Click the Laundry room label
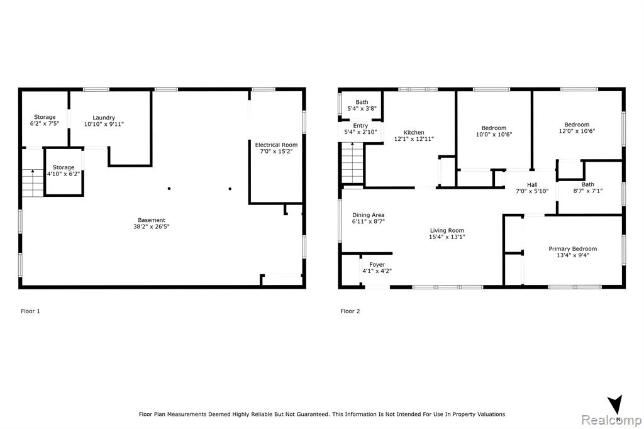pyautogui.click(x=104, y=118)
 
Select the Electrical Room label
pyautogui.click(x=276, y=145)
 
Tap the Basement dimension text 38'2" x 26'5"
pyautogui.click(x=151, y=226)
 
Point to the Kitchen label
pyautogui.click(x=414, y=132)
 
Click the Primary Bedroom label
pyautogui.click(x=572, y=248)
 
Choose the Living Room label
pyautogui.click(x=447, y=230)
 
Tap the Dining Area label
pyautogui.click(x=368, y=215)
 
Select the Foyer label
pyautogui.click(x=377, y=265)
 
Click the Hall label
pyautogui.click(x=532, y=185)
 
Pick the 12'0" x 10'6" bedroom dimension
pyautogui.click(x=577, y=131)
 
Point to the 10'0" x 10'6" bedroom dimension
pyautogui.click(x=494, y=135)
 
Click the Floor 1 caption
pyautogui.click(x=30, y=311)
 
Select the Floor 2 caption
pyautogui.click(x=350, y=311)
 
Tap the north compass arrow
pyautogui.click(x=616, y=404)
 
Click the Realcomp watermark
pyautogui.click(x=611, y=420)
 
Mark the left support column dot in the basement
pyautogui.click(x=169, y=189)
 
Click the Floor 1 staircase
pyautogui.click(x=33, y=183)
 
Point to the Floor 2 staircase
pyautogui.click(x=352, y=163)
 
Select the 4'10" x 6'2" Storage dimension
pyautogui.click(x=64, y=174)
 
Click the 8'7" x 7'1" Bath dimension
pyautogui.click(x=588, y=191)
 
